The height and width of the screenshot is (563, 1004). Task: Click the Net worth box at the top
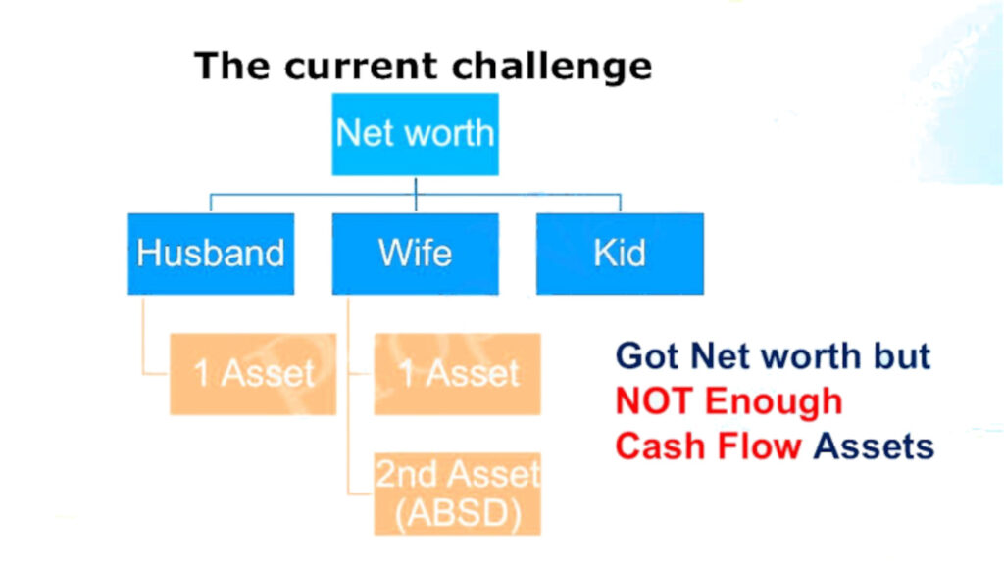click(x=415, y=134)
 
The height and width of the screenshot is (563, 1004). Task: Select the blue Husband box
click(x=211, y=253)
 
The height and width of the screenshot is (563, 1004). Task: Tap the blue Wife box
click(x=415, y=253)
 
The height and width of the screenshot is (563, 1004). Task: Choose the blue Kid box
click(x=620, y=253)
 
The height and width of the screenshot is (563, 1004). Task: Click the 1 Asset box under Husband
click(x=253, y=374)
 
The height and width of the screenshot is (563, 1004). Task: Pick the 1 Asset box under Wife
click(x=457, y=374)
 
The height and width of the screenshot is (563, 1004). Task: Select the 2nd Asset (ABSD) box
click(x=457, y=493)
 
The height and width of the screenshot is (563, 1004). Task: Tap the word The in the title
click(x=233, y=67)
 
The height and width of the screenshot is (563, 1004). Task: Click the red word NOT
click(x=654, y=401)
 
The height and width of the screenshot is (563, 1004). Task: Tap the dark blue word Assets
click(x=875, y=446)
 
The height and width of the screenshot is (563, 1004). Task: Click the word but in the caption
click(x=897, y=356)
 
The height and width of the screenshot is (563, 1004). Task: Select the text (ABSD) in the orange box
click(x=457, y=510)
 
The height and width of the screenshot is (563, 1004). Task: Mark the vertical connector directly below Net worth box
click(x=416, y=186)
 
